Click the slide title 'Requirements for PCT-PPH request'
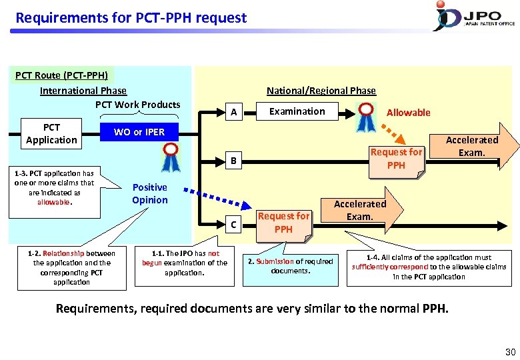tap(131, 18)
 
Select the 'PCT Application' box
tap(51, 133)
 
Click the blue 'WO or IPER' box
tap(139, 132)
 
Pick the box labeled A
tap(233, 113)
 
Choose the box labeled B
tap(233, 160)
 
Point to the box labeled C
tap(233, 225)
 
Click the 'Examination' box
tap(297, 111)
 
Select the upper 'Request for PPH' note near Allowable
tap(396, 159)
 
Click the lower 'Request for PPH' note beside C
tap(283, 222)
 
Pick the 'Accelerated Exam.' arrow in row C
tap(361, 211)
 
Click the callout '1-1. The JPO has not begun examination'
tap(185, 263)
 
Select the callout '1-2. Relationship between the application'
tap(71, 267)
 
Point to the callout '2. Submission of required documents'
tap(290, 266)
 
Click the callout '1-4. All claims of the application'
tap(429, 267)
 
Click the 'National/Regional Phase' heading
tap(321, 91)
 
